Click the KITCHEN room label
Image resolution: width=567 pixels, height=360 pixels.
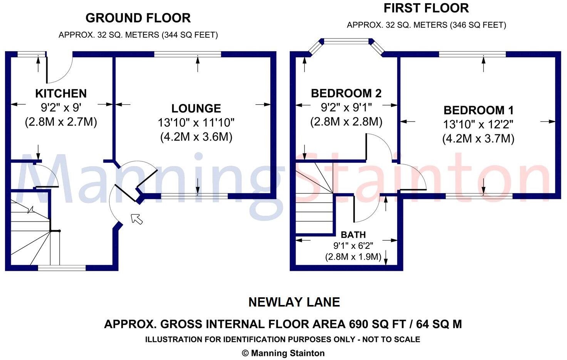click(61, 93)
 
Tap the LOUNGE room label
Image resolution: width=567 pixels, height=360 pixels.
click(196, 108)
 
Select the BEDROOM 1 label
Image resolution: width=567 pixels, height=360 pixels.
click(478, 110)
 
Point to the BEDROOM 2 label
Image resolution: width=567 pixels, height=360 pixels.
click(346, 93)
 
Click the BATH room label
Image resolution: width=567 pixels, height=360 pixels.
click(353, 235)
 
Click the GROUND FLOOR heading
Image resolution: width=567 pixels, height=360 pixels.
click(138, 18)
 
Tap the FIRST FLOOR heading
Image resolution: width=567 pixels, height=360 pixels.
click(426, 8)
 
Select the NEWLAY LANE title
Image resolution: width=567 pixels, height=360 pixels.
click(294, 302)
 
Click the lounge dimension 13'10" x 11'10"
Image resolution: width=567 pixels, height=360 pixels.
click(196, 123)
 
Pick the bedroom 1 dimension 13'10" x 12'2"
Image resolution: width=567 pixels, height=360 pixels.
click(478, 125)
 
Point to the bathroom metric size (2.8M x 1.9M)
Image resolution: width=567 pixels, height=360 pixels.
click(353, 257)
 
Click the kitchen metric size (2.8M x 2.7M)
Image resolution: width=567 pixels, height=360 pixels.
click(61, 122)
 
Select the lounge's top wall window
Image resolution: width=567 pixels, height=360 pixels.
click(187, 54)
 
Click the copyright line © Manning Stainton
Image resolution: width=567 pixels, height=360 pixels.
click(283, 353)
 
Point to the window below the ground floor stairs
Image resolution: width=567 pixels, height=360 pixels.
click(62, 268)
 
